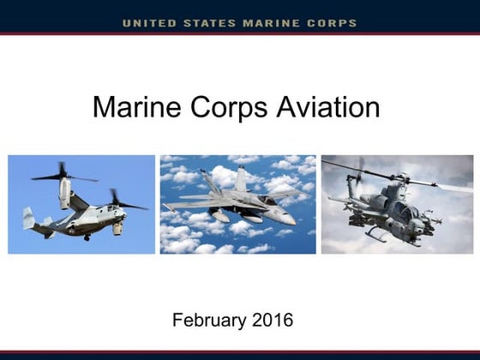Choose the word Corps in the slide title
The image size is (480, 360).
(x=233, y=108)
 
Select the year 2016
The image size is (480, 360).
(x=273, y=321)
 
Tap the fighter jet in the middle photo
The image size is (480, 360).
(x=236, y=206)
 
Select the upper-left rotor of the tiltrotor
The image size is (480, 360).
(x=62, y=176)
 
